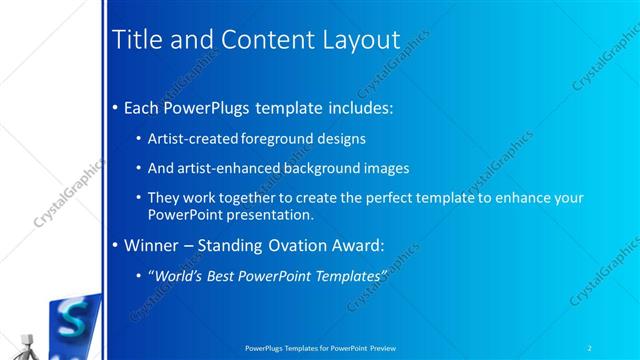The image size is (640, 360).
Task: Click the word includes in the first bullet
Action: pyautogui.click(x=351, y=105)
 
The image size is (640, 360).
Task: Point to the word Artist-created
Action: pyautogui.click(x=190, y=139)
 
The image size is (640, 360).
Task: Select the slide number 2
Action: pyautogui.click(x=590, y=347)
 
